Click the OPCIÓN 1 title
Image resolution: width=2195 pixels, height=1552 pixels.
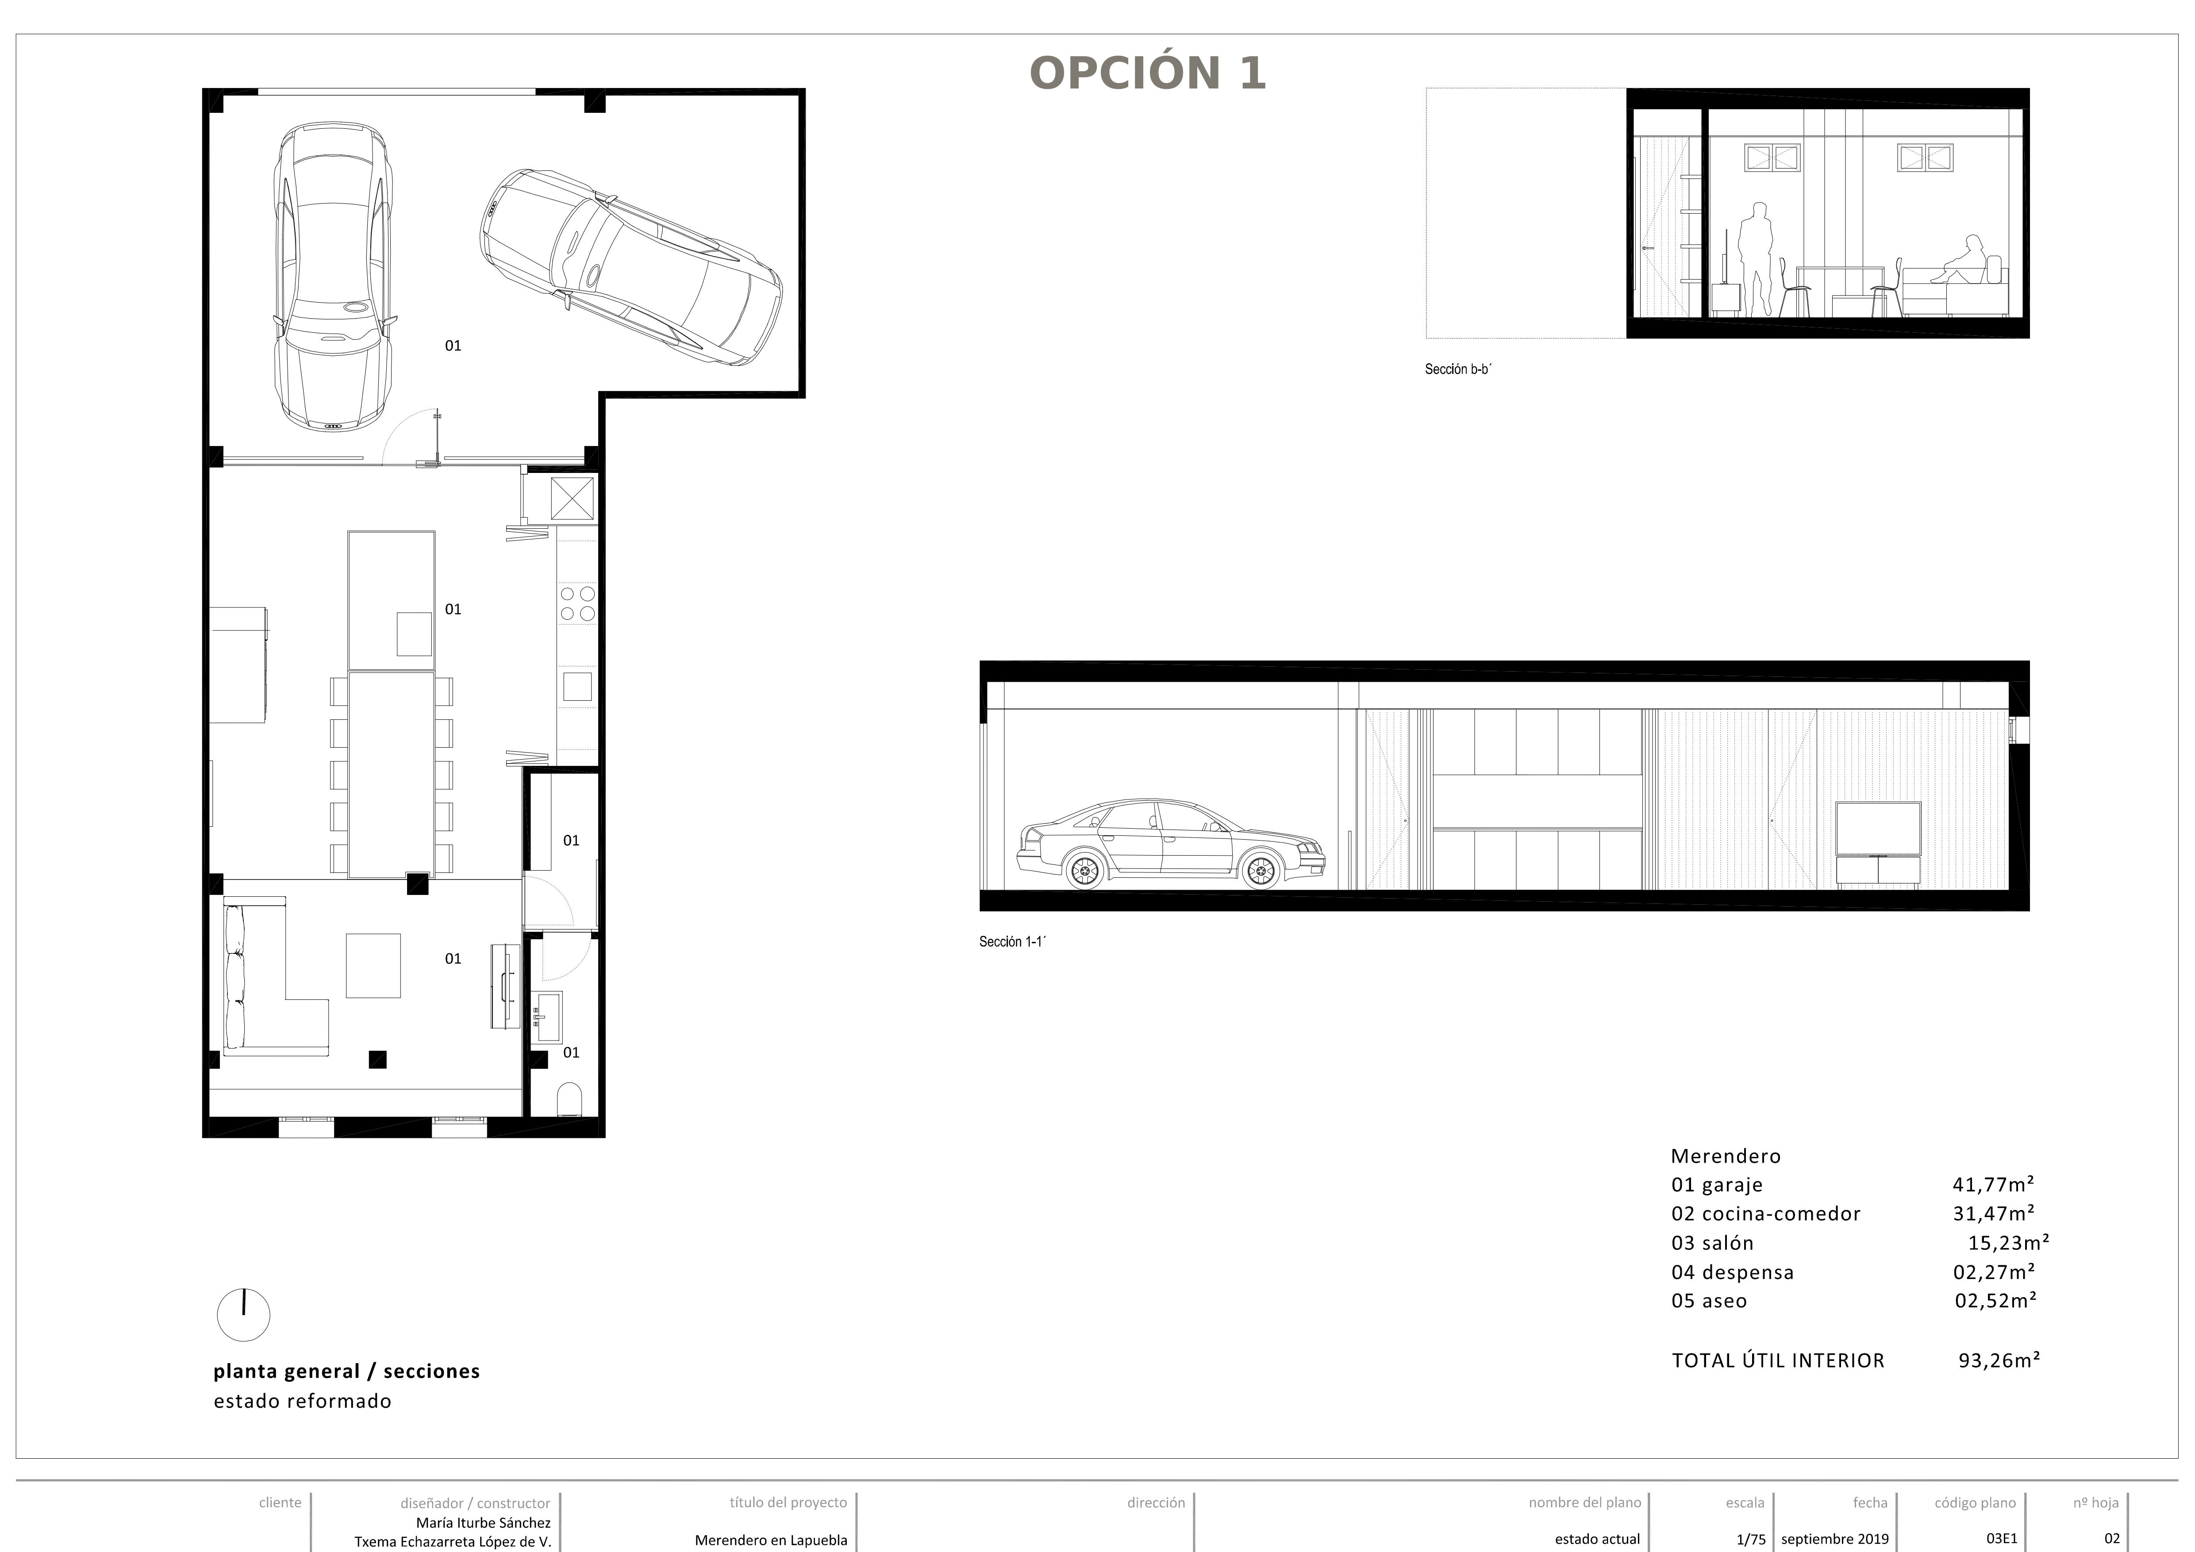[1147, 73]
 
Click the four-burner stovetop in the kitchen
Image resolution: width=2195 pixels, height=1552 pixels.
[577, 604]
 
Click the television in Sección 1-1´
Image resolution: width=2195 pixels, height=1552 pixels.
[1878, 829]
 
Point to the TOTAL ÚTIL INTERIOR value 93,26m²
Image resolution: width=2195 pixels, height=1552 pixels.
[1999, 1360]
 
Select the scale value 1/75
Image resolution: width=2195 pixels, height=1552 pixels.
[1750, 1539]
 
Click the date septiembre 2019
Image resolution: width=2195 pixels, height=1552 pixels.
[1834, 1539]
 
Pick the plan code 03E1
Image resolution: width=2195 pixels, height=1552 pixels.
[2002, 1539]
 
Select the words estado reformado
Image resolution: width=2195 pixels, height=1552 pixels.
[302, 1401]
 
